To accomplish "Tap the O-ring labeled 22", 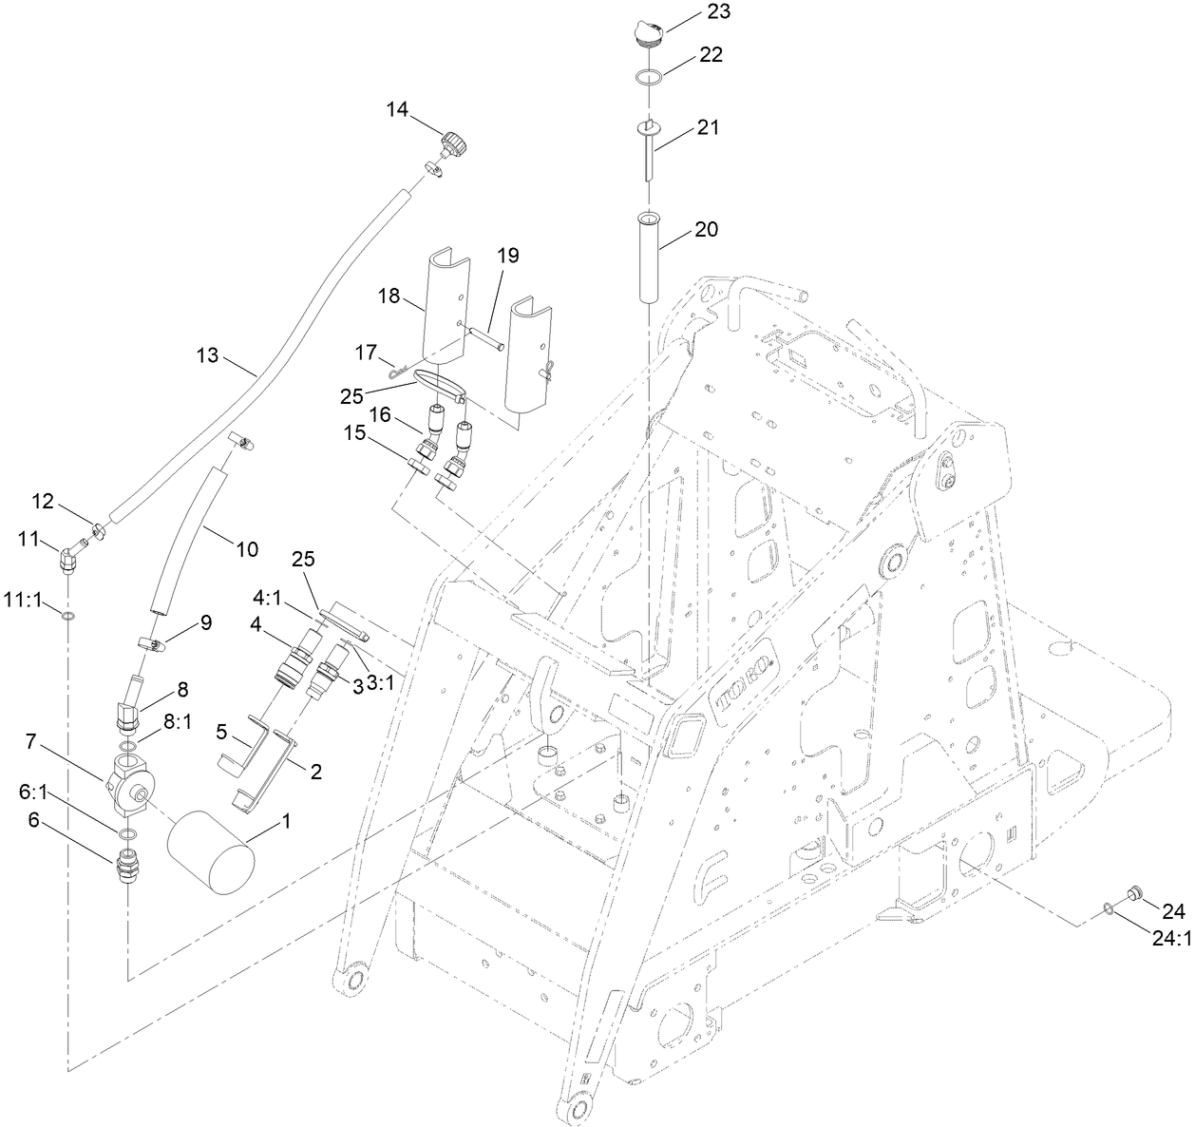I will tap(650, 76).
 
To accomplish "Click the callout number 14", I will tap(396, 110).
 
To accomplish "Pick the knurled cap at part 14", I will tap(454, 146).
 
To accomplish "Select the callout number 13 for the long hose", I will tap(207, 356).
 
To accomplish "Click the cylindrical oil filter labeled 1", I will tap(211, 850).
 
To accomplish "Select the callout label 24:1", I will tap(1170, 938).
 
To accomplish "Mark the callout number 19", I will tap(507, 255).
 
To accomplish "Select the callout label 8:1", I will tap(176, 721).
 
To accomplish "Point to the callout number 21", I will tap(708, 126).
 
